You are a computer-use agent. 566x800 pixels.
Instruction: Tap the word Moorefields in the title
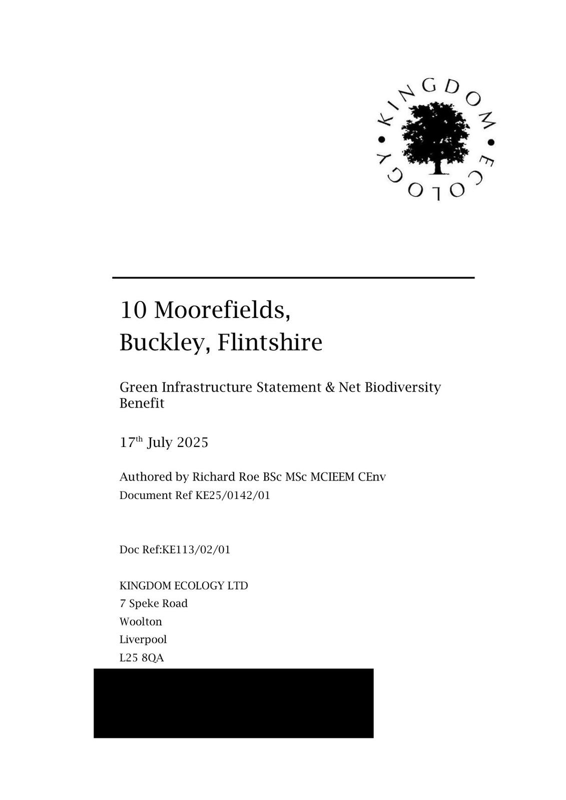coord(222,310)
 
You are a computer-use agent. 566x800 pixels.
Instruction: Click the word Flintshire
coord(270,343)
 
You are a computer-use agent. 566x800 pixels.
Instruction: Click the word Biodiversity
coord(403,387)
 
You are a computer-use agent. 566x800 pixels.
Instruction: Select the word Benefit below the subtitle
coord(142,403)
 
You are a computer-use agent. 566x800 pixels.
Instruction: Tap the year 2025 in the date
coord(193,443)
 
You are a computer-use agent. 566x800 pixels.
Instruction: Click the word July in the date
coord(159,443)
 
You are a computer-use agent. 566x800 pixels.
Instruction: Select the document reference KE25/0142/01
coord(233,495)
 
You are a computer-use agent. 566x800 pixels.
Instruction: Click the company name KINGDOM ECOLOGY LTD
coord(184,585)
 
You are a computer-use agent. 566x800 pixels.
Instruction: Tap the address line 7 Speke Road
coord(154,603)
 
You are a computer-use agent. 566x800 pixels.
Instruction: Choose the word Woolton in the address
coord(141,621)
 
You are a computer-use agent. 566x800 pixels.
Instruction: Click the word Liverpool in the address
coord(143,639)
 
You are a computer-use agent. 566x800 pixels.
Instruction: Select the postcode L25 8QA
coord(142,658)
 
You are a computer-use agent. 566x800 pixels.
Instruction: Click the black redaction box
coord(233,703)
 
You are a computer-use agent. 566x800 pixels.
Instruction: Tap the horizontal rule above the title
coord(293,277)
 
